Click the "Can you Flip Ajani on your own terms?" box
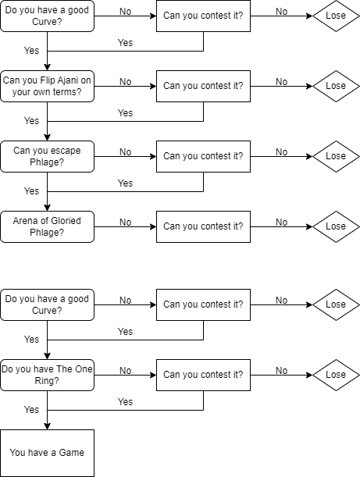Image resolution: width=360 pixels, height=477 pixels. [x=47, y=86]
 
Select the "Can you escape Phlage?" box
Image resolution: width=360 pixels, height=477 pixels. [x=47, y=156]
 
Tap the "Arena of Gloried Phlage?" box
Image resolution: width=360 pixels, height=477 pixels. [x=47, y=226]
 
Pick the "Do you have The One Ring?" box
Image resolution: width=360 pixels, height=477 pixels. [x=47, y=375]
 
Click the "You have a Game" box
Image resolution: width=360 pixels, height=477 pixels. [x=47, y=453]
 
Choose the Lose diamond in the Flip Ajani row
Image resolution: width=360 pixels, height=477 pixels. [x=336, y=86]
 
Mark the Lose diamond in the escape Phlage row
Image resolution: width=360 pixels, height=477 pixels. [x=336, y=156]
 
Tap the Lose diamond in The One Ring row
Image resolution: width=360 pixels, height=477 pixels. [x=336, y=375]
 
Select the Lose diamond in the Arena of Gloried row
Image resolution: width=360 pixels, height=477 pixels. [x=336, y=226]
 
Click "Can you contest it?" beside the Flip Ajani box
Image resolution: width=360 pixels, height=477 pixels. [x=203, y=86]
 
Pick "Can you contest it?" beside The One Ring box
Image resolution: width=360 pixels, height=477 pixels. [x=203, y=375]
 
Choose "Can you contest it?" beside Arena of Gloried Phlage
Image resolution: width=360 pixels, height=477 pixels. [x=203, y=226]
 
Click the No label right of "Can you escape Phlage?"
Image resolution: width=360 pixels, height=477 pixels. [x=126, y=151]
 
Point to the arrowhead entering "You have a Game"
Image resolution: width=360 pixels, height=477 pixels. [x=47, y=426]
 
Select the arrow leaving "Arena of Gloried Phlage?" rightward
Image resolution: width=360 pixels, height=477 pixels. [x=126, y=226]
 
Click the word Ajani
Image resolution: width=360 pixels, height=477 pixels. [x=68, y=80]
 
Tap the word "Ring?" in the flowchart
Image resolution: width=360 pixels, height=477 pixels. [x=47, y=380]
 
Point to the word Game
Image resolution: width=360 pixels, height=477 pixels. [x=72, y=453]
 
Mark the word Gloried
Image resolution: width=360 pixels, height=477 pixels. [x=66, y=221]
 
